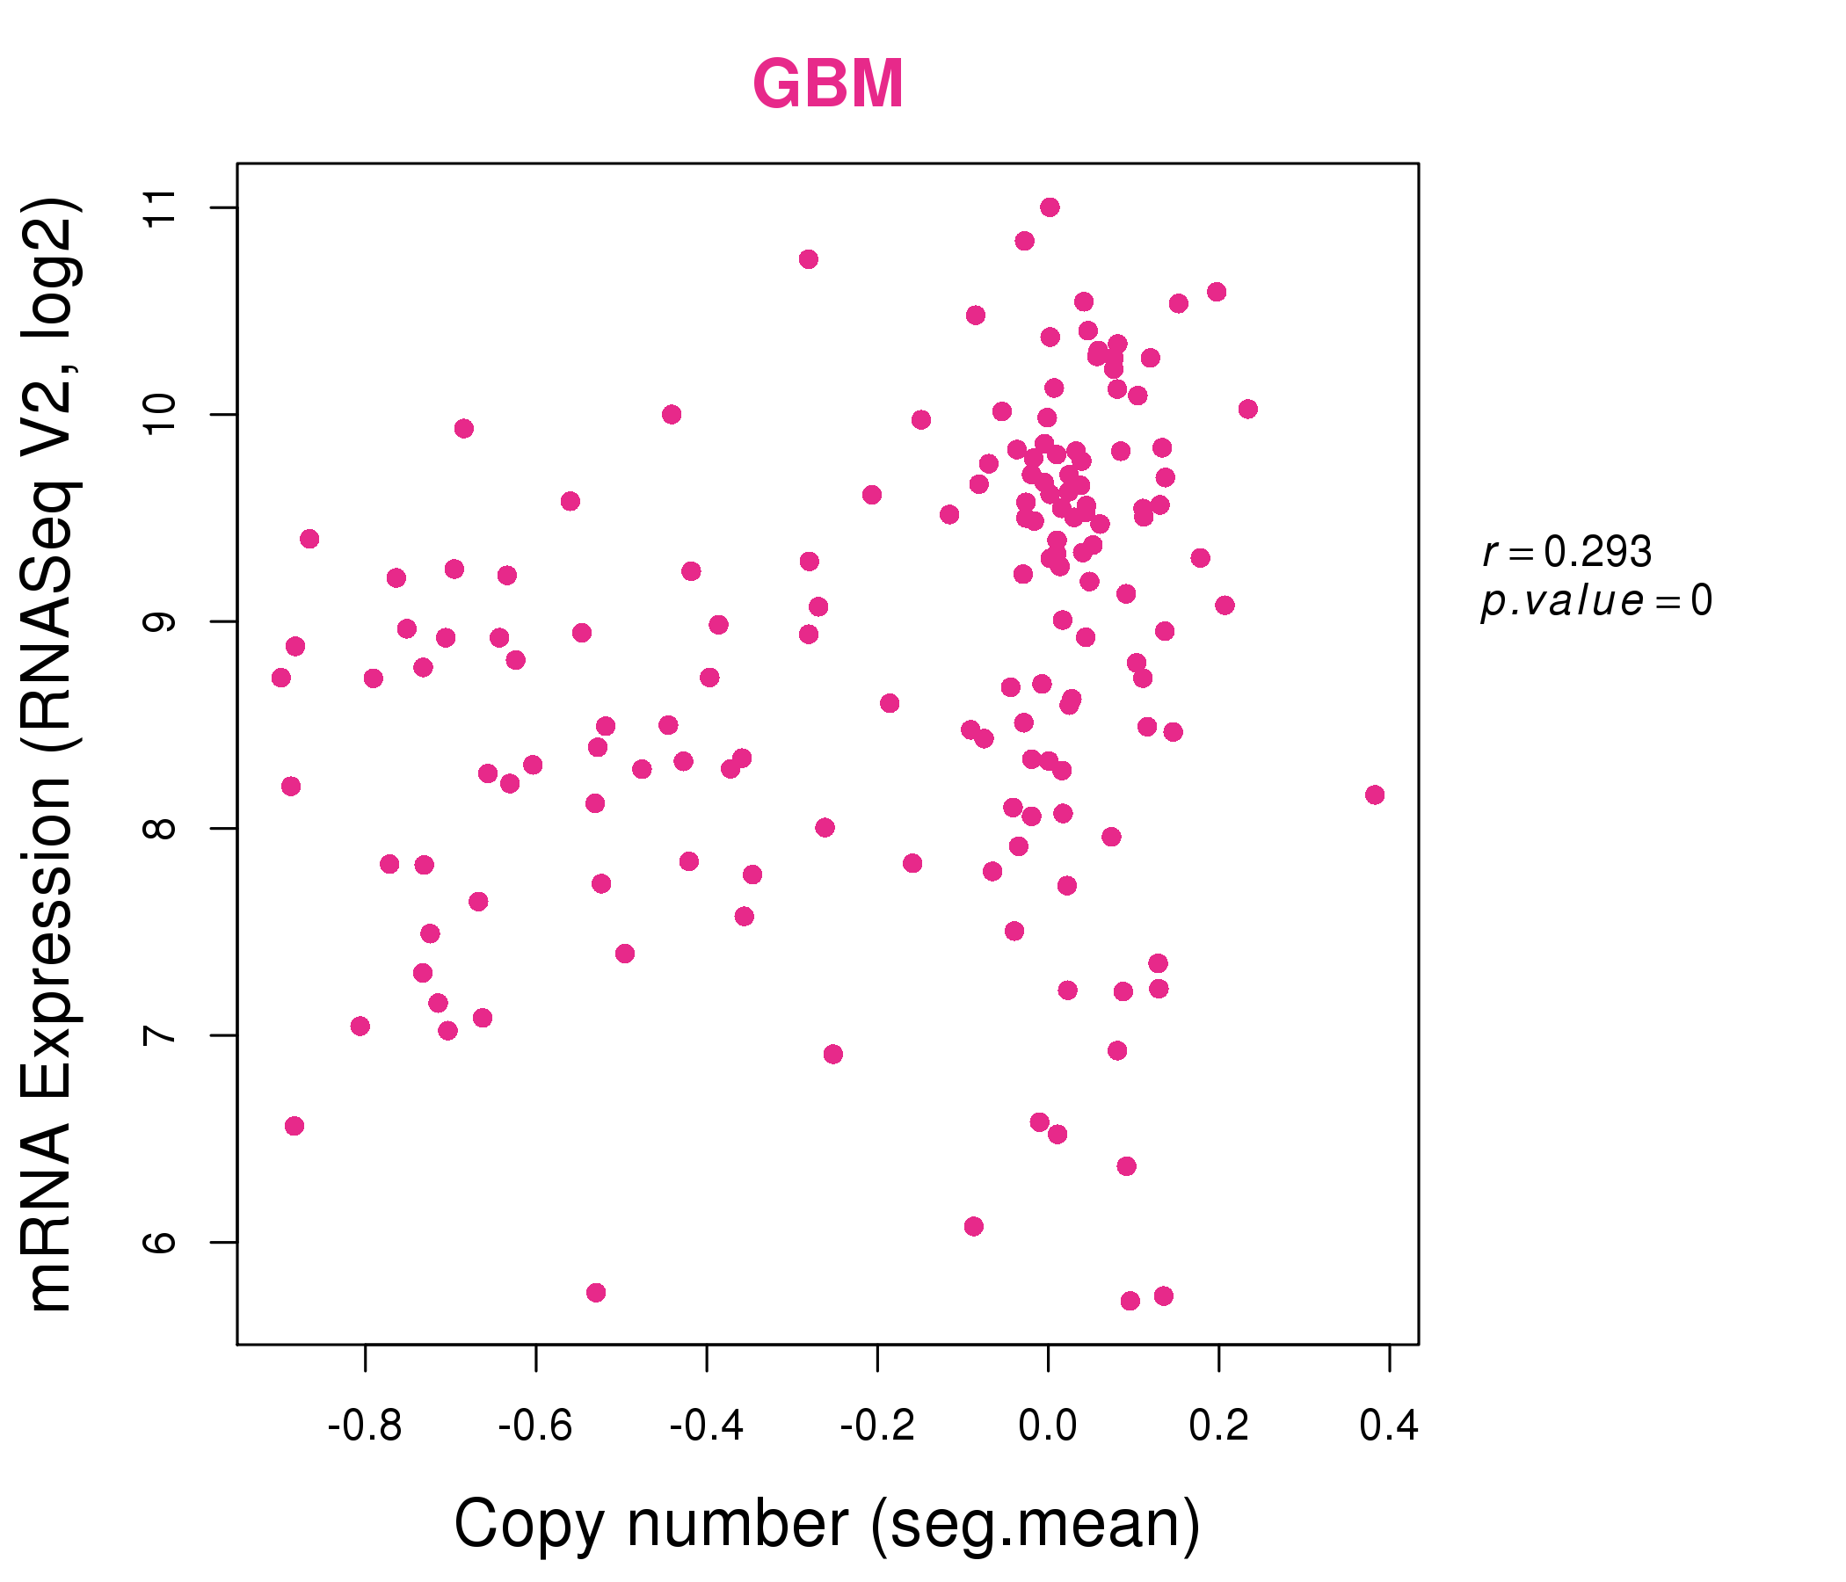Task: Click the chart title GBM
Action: (x=828, y=83)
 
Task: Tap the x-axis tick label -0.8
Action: (x=365, y=1426)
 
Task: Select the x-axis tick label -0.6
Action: (x=534, y=1426)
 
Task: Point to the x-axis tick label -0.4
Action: (x=707, y=1426)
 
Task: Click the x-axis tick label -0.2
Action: (x=877, y=1426)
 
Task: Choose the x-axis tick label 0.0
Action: (x=1048, y=1426)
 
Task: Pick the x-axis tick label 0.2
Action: (x=1218, y=1426)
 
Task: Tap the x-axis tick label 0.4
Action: (x=1389, y=1426)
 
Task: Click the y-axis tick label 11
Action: (x=161, y=207)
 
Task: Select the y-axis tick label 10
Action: (x=161, y=414)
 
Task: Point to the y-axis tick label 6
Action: (x=161, y=1242)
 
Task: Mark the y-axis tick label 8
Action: (x=161, y=829)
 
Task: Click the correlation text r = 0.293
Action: (x=1567, y=552)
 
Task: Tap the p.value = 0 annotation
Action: (x=1596, y=602)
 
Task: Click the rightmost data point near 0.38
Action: (x=1375, y=795)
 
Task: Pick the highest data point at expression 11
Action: (x=1050, y=207)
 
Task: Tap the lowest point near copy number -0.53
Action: (x=596, y=1293)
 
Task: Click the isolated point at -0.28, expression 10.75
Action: (x=809, y=259)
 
